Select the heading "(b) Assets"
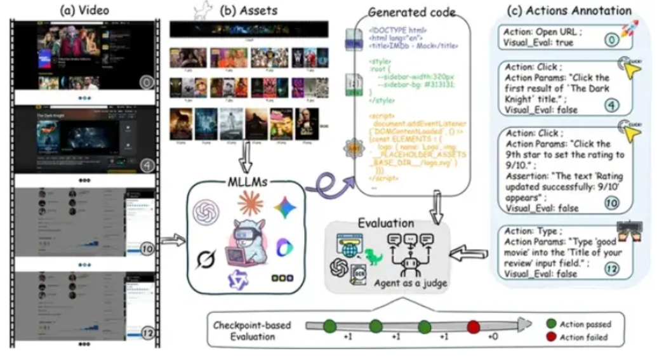248,10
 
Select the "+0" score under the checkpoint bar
492,337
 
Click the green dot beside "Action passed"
550,324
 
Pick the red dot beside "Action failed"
550,337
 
